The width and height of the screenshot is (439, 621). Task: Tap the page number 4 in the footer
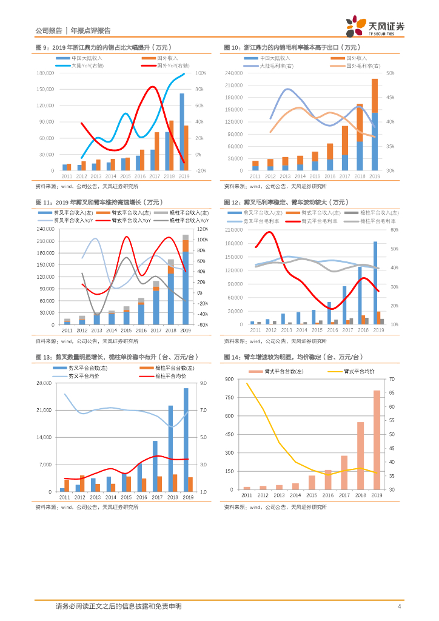[x=398, y=606]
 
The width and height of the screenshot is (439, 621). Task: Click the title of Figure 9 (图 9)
[x=103, y=47]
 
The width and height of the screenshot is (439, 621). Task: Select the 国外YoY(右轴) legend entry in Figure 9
[x=173, y=65]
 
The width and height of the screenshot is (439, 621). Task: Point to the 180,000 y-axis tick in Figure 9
[x=46, y=73]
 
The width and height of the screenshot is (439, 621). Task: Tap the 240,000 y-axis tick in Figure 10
[x=234, y=73]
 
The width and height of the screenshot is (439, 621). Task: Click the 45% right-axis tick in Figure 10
[x=390, y=98]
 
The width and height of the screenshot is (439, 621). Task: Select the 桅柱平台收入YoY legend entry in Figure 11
[x=186, y=220]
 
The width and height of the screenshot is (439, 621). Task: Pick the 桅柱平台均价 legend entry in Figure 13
[x=168, y=376]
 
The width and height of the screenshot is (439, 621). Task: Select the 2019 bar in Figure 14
[x=376, y=440]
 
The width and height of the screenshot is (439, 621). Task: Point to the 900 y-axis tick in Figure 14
[x=229, y=380]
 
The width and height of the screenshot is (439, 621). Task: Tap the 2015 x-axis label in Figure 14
[x=312, y=495]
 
